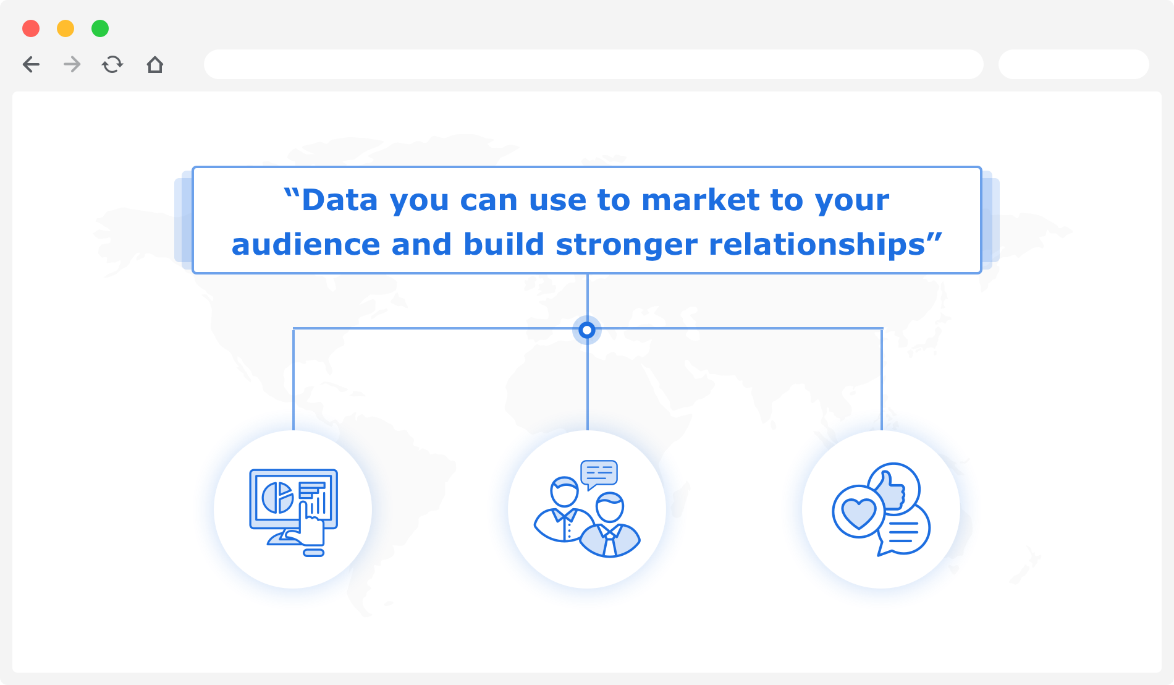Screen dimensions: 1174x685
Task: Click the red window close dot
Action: click(x=31, y=28)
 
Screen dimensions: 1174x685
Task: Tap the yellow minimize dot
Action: click(x=65, y=28)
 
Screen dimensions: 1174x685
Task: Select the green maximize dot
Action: click(x=100, y=28)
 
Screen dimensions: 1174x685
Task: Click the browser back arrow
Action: click(x=31, y=64)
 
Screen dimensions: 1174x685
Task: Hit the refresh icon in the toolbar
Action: click(x=112, y=64)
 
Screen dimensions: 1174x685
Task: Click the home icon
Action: click(x=155, y=64)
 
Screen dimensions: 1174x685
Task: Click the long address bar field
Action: click(x=593, y=64)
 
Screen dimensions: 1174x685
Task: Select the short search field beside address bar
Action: click(x=1074, y=64)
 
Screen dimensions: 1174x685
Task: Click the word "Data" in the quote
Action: click(x=339, y=200)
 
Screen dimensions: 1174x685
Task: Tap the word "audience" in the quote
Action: click(x=306, y=245)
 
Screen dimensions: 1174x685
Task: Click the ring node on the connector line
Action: click(x=587, y=330)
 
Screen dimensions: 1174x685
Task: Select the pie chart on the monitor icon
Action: click(x=277, y=498)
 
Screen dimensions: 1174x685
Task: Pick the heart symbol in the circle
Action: click(x=858, y=513)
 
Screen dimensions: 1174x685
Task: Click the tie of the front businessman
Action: click(x=610, y=543)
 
